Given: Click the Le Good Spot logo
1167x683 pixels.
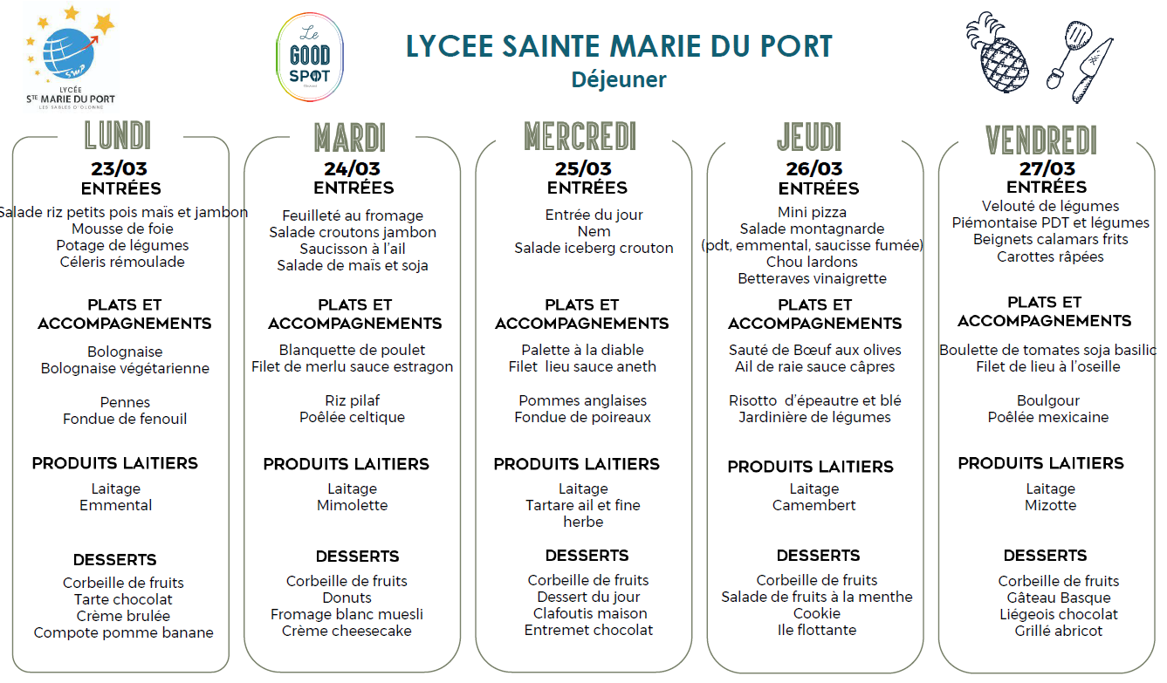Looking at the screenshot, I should pos(309,58).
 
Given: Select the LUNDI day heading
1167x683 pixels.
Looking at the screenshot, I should pos(118,136).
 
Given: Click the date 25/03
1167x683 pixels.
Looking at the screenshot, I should pos(583,168).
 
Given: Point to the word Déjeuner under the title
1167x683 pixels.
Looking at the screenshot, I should pos(619,79).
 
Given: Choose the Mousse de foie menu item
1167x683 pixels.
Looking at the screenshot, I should pos(122,229).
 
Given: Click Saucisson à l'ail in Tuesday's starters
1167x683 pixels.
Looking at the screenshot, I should pos(352,249).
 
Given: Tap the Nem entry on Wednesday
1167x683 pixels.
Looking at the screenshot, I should pos(594,231).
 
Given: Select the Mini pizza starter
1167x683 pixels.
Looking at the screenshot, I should pos(812,212).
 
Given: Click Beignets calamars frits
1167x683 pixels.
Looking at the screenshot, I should pos(1050,239).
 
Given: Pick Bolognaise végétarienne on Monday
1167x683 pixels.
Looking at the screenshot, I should pos(125,368).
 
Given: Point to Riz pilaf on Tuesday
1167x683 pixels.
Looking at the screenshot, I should pos(352,400).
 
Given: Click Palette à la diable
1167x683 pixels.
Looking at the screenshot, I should pos(582,350).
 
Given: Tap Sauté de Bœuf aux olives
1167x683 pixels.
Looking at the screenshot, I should pos(814,350).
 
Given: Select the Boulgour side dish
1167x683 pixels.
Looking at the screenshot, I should pos(1047,400).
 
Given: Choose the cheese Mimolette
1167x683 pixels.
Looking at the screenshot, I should pos(352,505).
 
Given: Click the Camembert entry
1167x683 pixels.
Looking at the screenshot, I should pos(813,505).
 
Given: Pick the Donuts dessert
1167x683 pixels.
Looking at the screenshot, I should pos(347,598).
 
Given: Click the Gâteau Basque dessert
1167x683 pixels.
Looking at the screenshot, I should pos(1058,598).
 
